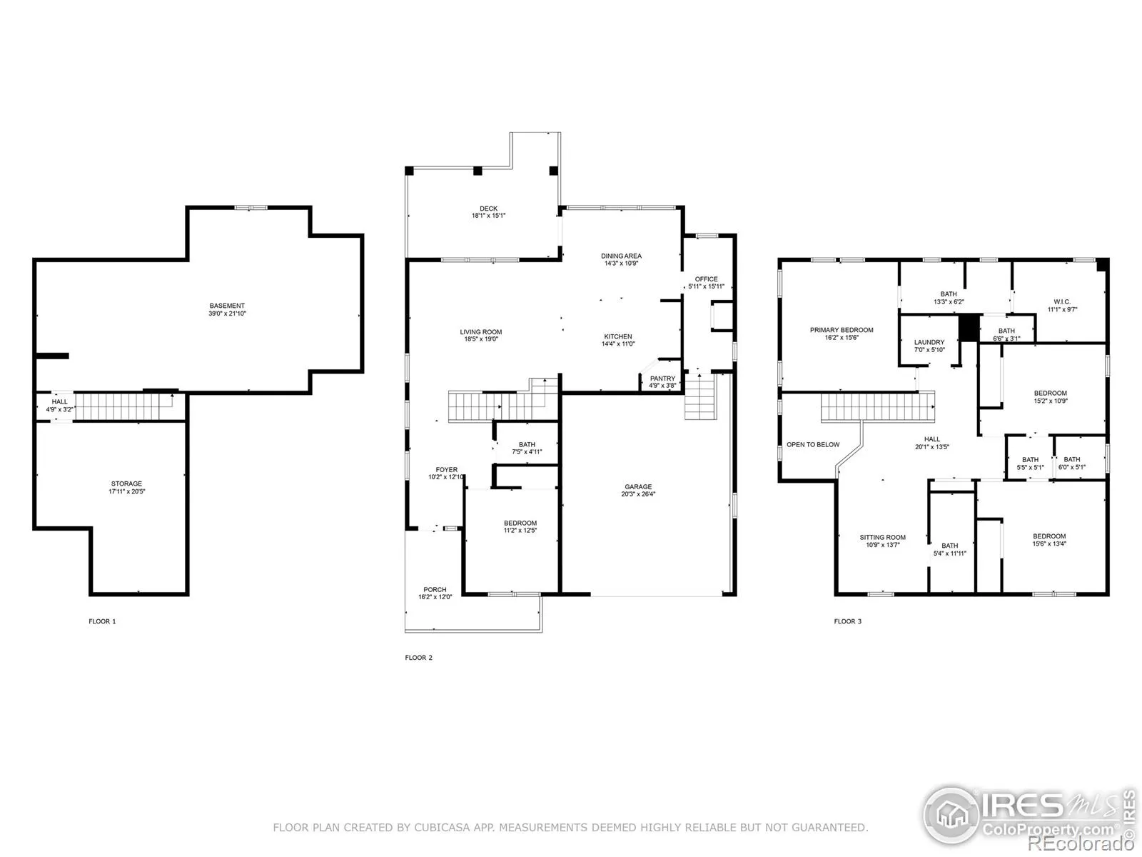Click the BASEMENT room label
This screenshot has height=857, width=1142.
tap(227, 306)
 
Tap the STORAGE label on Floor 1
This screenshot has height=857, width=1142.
tap(126, 483)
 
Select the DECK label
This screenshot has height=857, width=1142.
tap(488, 208)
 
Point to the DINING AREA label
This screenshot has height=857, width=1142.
tap(621, 256)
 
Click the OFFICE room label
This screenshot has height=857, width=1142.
tap(706, 279)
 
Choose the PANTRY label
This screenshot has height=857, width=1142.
tap(662, 379)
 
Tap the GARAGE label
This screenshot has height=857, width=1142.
tap(638, 486)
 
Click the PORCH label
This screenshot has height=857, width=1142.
tap(435, 590)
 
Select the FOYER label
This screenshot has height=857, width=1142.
tap(446, 469)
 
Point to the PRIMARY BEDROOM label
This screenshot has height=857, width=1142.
tap(842, 330)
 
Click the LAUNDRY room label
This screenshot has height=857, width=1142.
tap(929, 342)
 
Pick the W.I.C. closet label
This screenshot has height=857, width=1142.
tap(1062, 302)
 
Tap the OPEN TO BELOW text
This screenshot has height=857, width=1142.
tap(813, 444)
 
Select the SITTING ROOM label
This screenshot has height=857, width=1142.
tap(882, 538)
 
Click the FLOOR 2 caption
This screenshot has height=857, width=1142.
tap(418, 658)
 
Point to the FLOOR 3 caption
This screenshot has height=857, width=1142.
tap(847, 621)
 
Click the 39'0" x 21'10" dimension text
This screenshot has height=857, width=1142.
tap(227, 314)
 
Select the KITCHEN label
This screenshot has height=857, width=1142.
tap(618, 336)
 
